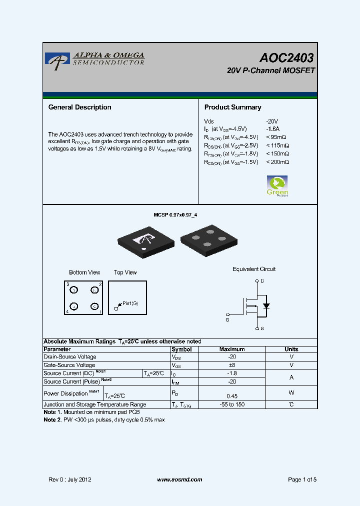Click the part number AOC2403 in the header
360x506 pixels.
coord(286,58)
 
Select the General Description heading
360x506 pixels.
coord(79,107)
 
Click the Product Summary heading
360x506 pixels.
coord(232,107)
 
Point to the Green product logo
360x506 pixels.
coord(277,185)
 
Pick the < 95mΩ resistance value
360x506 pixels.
coord(277,137)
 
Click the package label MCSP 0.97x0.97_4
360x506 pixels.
coord(178,214)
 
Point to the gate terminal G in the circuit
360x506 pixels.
coord(227,319)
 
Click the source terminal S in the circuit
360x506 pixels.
coord(262,328)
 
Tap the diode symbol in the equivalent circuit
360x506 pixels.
coord(266,305)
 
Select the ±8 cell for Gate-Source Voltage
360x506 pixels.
coord(232,365)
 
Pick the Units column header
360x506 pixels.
coord(291,349)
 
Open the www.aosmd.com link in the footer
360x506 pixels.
coord(179,479)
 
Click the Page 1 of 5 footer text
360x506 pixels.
coord(302,479)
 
